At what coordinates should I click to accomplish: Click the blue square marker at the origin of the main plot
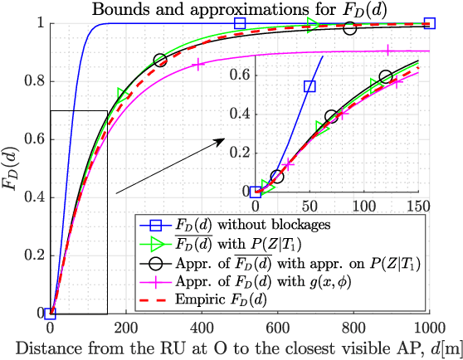51,313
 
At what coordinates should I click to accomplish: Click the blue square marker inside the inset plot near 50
309,86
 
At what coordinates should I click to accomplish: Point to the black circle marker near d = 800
349,28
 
